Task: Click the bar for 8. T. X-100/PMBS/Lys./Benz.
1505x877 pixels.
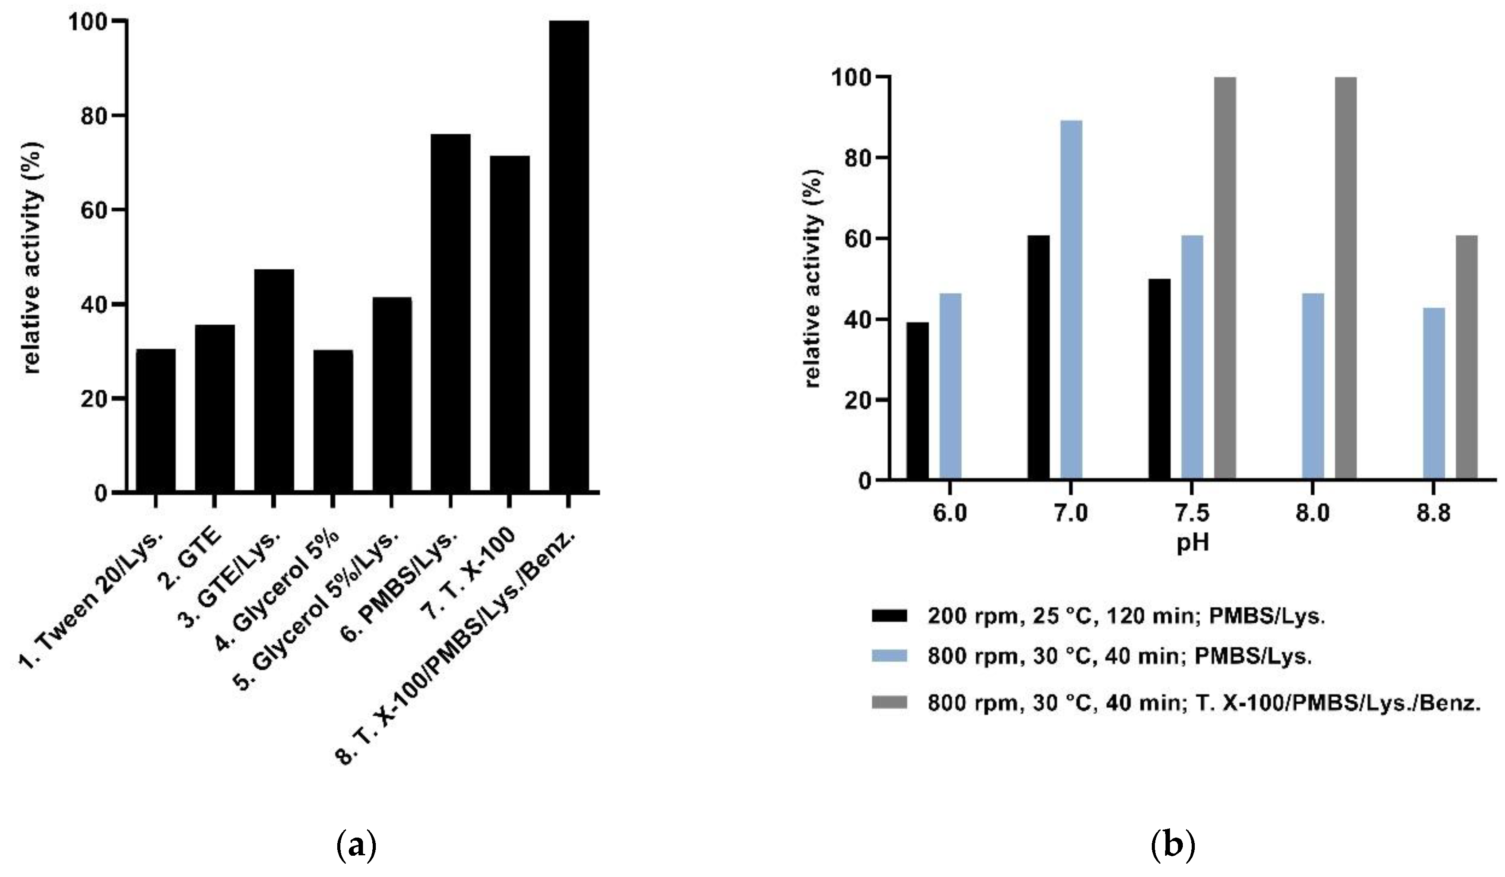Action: [x=569, y=257]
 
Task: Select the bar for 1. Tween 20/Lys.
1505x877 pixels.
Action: [x=156, y=420]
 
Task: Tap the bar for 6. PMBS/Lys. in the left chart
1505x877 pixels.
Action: [x=450, y=314]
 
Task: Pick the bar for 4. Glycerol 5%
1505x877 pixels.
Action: [x=333, y=421]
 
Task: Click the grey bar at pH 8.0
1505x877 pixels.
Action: [x=1345, y=278]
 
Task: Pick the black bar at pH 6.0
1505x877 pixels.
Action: [x=917, y=400]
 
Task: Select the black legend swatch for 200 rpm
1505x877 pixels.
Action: [x=889, y=616]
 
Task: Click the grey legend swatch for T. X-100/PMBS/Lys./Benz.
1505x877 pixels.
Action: [x=889, y=704]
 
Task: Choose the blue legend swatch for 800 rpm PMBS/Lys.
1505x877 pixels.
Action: [x=889, y=656]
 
